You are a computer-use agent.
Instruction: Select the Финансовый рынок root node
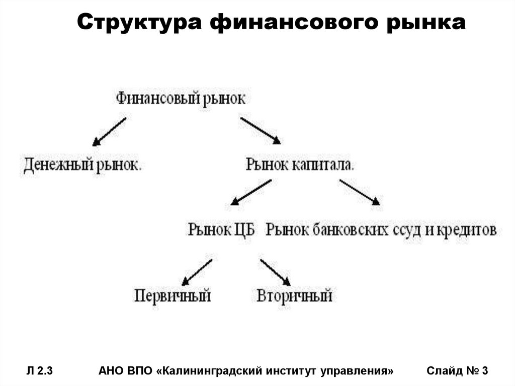(x=181, y=98)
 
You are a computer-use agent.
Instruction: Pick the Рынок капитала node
(x=300, y=165)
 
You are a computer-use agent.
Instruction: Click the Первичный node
(x=173, y=295)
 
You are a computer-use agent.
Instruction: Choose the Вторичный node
(x=294, y=295)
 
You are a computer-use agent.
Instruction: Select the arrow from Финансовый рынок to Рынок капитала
(x=261, y=131)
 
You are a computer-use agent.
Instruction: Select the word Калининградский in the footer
(x=210, y=371)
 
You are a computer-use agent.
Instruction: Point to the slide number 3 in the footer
(x=485, y=371)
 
